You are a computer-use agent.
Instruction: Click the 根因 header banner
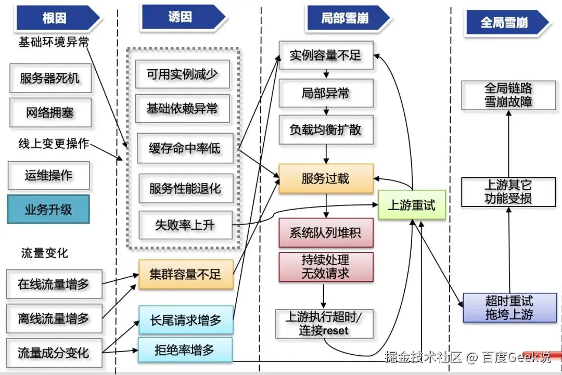[x=55, y=18]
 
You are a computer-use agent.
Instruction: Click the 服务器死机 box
[x=50, y=79]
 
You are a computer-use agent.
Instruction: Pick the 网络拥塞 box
[x=50, y=112]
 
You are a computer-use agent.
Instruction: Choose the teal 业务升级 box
[x=48, y=210]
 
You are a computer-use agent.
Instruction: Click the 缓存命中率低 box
[x=185, y=149]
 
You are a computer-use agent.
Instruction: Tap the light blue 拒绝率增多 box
[x=185, y=350]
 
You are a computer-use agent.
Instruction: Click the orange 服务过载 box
[x=326, y=179]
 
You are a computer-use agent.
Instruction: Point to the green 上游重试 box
[x=412, y=205]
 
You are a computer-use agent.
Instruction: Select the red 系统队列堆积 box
[x=326, y=232]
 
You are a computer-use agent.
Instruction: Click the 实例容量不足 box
[x=326, y=55]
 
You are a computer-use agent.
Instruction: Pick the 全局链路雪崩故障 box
[x=508, y=95]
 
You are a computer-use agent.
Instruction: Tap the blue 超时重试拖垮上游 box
[x=508, y=307]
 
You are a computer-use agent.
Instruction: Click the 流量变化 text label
[x=44, y=253]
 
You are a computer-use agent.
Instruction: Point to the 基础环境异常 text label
[x=54, y=42]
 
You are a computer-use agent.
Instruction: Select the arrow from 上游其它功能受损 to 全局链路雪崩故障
[x=509, y=143]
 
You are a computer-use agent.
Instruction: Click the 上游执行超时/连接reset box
[x=324, y=324]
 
